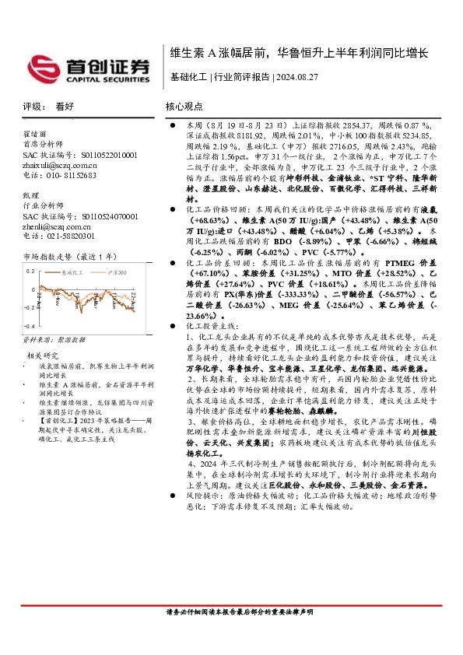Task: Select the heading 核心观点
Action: point(184,107)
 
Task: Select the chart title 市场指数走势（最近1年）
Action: point(68,255)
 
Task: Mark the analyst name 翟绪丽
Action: point(35,134)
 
